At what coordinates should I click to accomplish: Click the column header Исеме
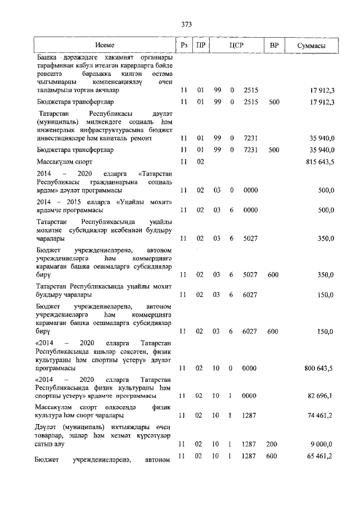(104, 45)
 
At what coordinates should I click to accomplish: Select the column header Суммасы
(312, 45)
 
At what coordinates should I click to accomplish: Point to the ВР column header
(274, 45)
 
